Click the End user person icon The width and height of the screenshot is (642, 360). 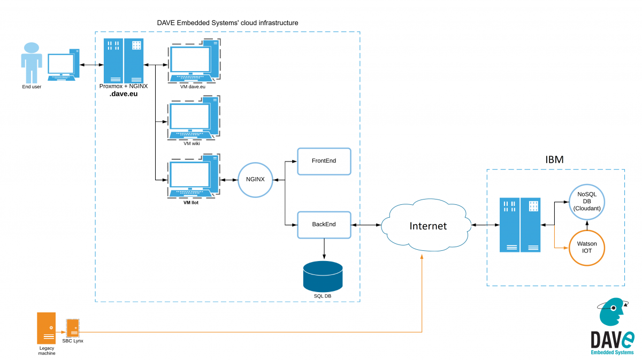31,62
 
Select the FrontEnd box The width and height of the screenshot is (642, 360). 324,161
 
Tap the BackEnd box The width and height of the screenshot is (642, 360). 324,224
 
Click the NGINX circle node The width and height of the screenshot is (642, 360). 256,180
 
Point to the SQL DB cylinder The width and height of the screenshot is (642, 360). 323,275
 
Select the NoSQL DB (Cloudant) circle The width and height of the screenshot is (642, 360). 587,201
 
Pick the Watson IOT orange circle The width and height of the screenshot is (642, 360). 587,247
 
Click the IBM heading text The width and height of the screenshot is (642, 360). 554,159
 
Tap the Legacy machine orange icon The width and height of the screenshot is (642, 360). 47,328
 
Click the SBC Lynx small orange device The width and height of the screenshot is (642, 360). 72,327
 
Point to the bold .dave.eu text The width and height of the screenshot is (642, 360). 124,94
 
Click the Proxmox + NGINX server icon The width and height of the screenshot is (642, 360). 124,60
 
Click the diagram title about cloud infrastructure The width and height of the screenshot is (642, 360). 227,23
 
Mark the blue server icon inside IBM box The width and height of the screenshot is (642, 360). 520,225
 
